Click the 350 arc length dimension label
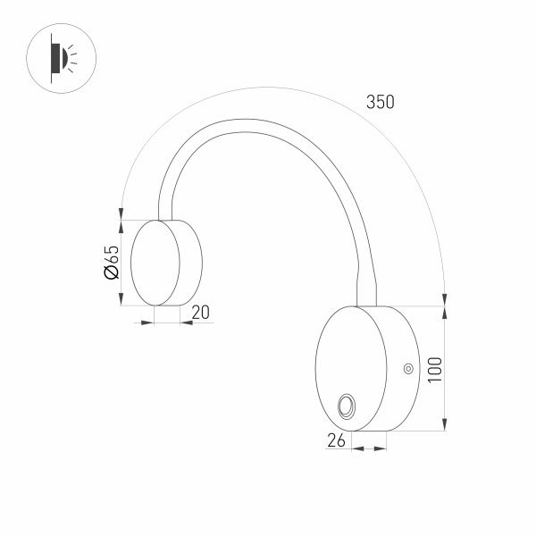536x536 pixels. point(380,102)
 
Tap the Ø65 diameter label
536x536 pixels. point(112,263)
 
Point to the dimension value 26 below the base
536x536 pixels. point(337,440)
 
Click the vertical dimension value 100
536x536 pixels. point(434,369)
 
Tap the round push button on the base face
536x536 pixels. point(346,407)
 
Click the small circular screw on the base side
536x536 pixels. point(407,367)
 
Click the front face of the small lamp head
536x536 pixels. point(154,262)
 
